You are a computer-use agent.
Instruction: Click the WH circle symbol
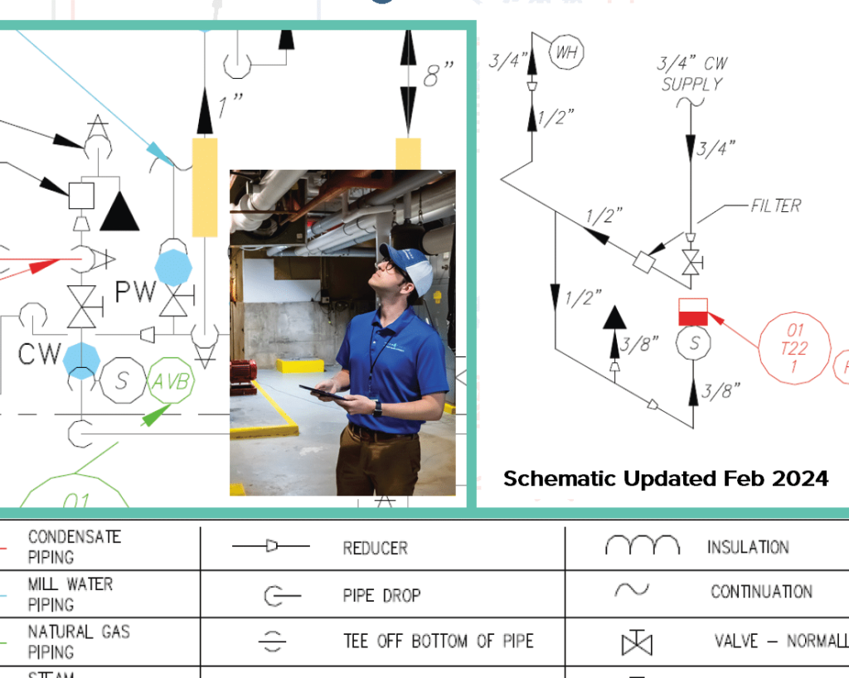567,53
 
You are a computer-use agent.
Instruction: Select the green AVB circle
172,383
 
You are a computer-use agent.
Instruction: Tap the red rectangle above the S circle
693,312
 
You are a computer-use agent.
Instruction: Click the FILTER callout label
776,206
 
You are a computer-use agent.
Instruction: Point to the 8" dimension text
439,77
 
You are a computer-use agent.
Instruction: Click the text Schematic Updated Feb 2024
666,478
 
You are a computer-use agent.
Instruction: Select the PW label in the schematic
135,292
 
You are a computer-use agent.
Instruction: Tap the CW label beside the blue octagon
40,354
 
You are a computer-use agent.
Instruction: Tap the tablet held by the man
324,394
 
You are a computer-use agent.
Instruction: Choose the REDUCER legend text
375,549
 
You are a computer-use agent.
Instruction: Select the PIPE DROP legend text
382,595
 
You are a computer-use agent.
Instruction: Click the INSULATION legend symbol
642,545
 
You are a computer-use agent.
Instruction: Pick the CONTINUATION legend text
760,592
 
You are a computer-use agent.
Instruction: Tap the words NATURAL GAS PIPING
79,642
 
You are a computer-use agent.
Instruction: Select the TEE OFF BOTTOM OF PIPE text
439,642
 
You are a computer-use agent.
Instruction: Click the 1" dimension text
230,105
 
